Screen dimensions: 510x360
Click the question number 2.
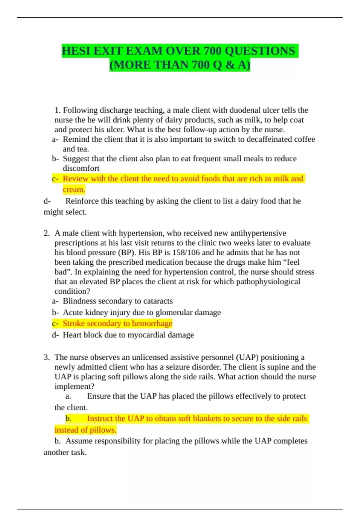46,233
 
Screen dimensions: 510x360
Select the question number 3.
46,357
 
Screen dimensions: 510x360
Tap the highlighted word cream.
74,190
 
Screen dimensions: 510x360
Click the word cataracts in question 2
158,301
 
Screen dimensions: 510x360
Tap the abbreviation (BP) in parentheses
127,253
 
